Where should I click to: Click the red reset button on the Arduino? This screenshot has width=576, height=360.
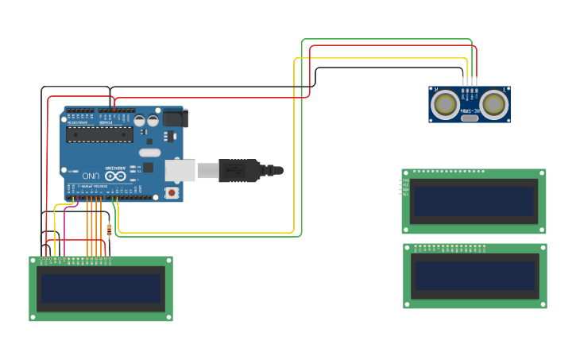[x=171, y=192]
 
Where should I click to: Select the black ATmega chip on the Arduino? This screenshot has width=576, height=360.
[x=99, y=134]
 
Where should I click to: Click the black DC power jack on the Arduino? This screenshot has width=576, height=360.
[x=175, y=118]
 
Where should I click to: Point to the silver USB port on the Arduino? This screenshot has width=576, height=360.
[x=180, y=170]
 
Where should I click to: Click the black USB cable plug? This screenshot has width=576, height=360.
[x=239, y=170]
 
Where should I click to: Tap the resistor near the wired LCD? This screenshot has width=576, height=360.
[x=109, y=230]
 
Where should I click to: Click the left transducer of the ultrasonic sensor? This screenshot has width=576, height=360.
[x=446, y=104]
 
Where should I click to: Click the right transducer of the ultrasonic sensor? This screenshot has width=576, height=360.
[x=493, y=104]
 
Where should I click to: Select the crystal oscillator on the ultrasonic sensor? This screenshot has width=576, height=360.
[x=470, y=118]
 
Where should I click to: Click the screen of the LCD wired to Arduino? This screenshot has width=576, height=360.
[x=101, y=288]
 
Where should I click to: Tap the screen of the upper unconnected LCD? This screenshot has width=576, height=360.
[x=474, y=201]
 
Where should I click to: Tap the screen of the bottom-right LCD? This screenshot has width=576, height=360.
[x=474, y=276]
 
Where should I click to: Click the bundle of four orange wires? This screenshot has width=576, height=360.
[x=95, y=226]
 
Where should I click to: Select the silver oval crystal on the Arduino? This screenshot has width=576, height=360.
[x=149, y=152]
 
